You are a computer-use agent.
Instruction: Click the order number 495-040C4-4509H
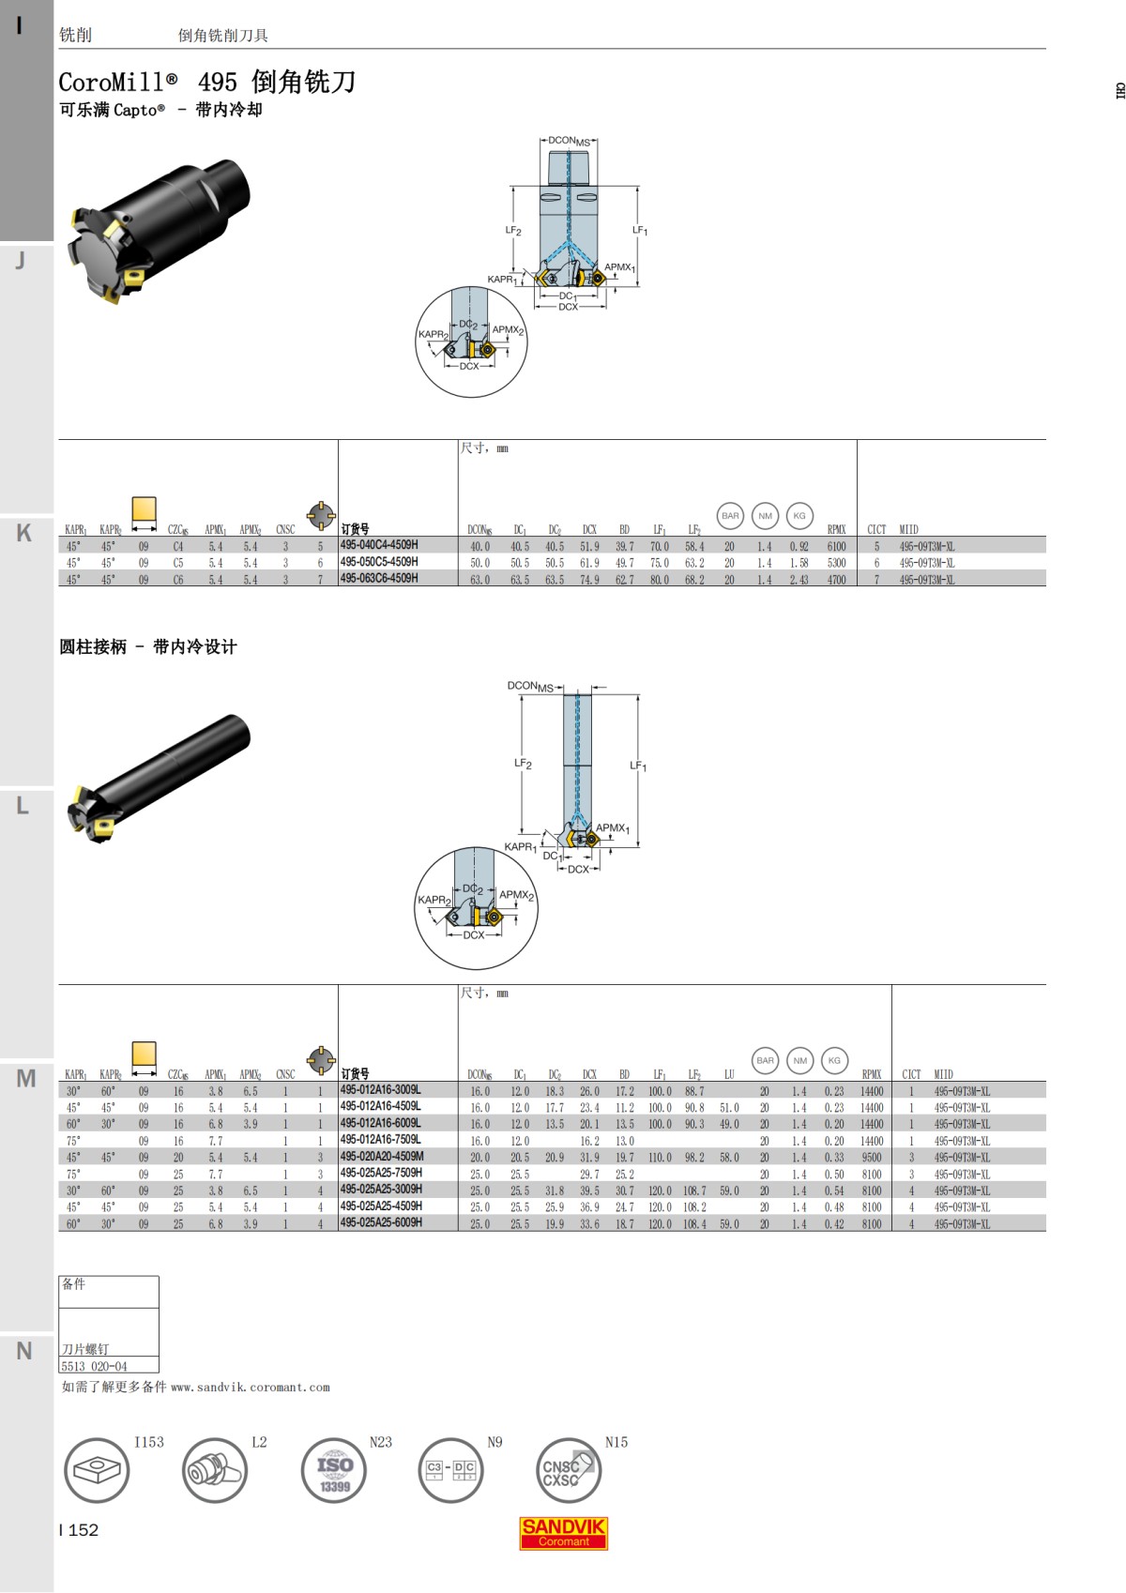pyautogui.click(x=379, y=545)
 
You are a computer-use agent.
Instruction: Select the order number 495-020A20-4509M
pyautogui.click(x=382, y=1157)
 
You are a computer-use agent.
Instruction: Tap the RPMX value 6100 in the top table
pyautogui.click(x=836, y=546)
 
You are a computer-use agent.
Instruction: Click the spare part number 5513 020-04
pyautogui.click(x=94, y=1366)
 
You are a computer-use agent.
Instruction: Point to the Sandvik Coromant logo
pyautogui.click(x=564, y=1533)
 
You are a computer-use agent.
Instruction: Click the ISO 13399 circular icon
pyautogui.click(x=334, y=1470)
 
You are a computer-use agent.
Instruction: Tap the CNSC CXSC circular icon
pyautogui.click(x=567, y=1470)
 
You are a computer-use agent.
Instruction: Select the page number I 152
pyautogui.click(x=79, y=1530)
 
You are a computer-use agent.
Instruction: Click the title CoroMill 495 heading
pyautogui.click(x=206, y=82)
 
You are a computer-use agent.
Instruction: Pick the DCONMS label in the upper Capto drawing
pyautogui.click(x=569, y=141)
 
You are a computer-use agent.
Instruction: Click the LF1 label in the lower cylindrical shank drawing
pyautogui.click(x=638, y=766)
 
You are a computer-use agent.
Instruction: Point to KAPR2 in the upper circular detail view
pyautogui.click(x=433, y=335)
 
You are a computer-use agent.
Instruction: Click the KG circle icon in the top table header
pyautogui.click(x=799, y=515)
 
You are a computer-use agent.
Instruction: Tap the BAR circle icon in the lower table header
pyautogui.click(x=766, y=1060)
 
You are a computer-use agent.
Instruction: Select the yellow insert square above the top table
pyautogui.click(x=144, y=508)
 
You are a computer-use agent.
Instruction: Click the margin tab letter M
pyautogui.click(x=25, y=1079)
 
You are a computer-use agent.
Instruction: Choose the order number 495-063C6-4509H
pyautogui.click(x=379, y=579)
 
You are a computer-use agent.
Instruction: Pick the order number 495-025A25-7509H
pyautogui.click(x=381, y=1173)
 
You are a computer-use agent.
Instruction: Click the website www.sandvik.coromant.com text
pyautogui.click(x=250, y=1387)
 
